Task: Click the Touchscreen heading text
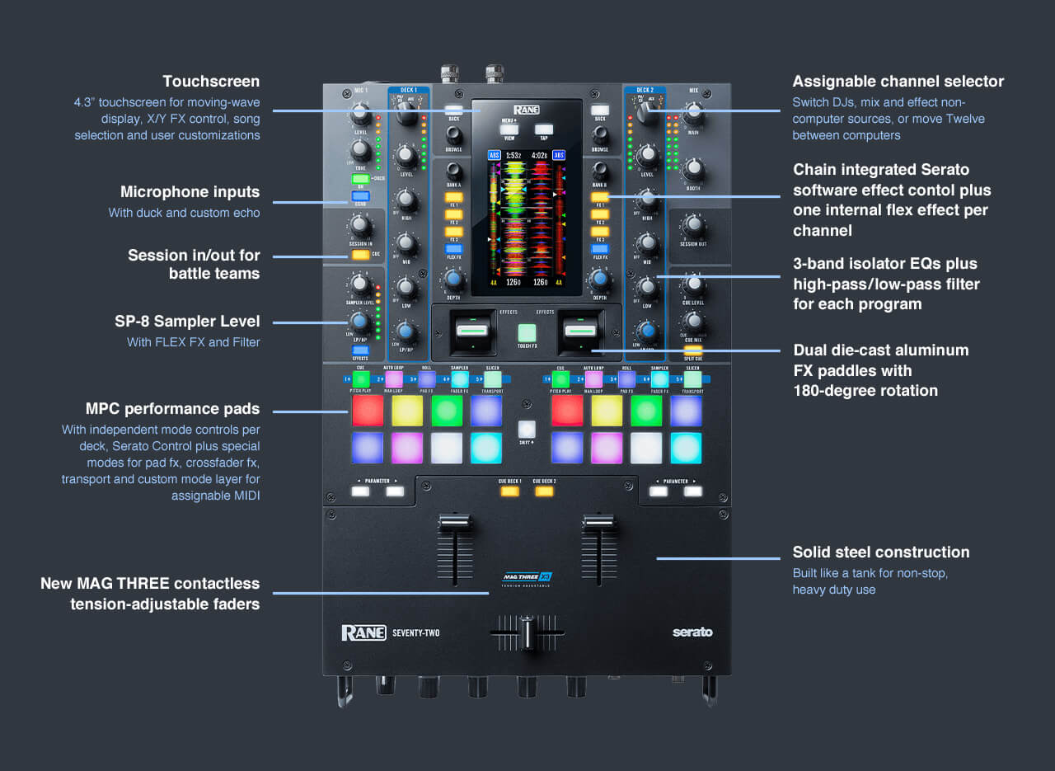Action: pyautogui.click(x=211, y=82)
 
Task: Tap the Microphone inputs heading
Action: pyautogui.click(x=190, y=192)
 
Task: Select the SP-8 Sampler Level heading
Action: pyautogui.click(x=187, y=322)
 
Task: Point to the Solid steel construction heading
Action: pyautogui.click(x=880, y=552)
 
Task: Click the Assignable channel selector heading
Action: pyautogui.click(x=898, y=82)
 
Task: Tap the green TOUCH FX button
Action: pyautogui.click(x=527, y=332)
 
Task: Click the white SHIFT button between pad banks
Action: pyautogui.click(x=527, y=429)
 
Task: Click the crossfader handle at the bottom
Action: pyautogui.click(x=527, y=633)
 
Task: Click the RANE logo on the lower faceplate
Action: pyautogui.click(x=363, y=632)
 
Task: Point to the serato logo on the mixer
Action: pyautogui.click(x=692, y=632)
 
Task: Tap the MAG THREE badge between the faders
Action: pyautogui.click(x=527, y=578)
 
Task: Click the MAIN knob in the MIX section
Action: pyautogui.click(x=693, y=113)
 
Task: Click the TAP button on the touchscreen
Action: pyautogui.click(x=542, y=129)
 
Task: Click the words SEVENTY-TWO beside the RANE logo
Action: pyautogui.click(x=415, y=633)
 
